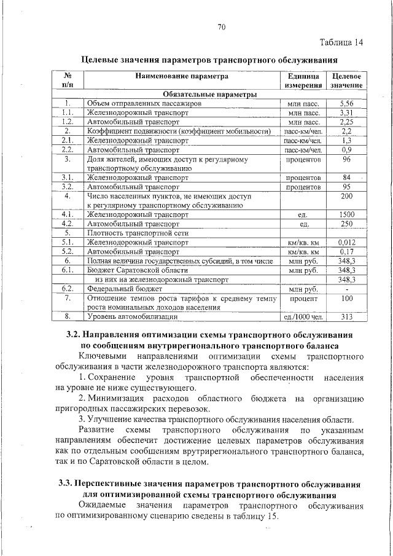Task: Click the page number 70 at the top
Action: [x=222, y=26]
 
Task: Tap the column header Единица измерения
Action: [x=303, y=81]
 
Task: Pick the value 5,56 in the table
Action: [x=347, y=104]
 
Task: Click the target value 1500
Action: [x=347, y=214]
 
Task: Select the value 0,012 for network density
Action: [x=347, y=243]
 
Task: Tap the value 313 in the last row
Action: [x=347, y=317]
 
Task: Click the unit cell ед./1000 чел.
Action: [x=303, y=317]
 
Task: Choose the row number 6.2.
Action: [x=68, y=289]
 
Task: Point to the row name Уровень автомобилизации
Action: [x=133, y=317]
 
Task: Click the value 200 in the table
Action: [x=347, y=197]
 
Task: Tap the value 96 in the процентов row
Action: [x=347, y=160]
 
